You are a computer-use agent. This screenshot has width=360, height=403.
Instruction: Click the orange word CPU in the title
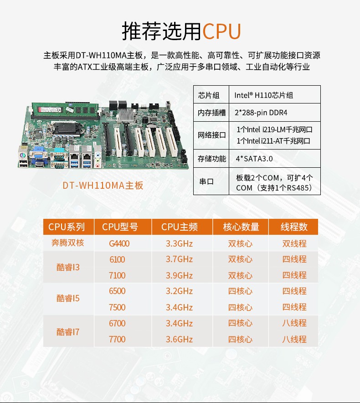point(221,31)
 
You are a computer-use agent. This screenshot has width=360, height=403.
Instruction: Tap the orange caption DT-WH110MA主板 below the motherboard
point(103,186)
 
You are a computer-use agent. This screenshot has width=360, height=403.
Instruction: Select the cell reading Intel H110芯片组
point(263,95)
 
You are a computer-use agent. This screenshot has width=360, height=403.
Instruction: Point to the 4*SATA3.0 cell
point(254,159)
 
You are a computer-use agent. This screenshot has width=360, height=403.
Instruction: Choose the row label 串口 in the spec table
point(206,181)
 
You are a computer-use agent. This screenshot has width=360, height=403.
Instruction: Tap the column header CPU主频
point(180,227)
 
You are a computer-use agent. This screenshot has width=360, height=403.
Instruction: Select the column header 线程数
point(294,227)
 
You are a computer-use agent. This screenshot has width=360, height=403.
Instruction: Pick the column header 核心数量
point(241,227)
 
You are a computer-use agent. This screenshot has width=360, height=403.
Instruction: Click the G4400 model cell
point(119,243)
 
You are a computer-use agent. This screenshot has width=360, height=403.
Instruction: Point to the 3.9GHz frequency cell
point(180,275)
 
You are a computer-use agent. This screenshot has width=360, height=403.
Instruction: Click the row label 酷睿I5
point(68,299)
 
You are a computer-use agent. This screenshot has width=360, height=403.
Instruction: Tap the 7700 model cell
point(117,339)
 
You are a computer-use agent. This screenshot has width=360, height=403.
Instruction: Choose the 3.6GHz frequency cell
point(180,339)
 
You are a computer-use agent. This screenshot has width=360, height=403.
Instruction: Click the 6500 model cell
point(117,291)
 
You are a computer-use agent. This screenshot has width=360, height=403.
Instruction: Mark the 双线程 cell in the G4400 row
point(294,243)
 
